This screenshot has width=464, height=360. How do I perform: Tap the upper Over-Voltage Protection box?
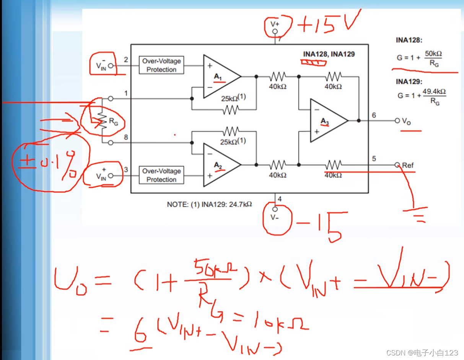161,65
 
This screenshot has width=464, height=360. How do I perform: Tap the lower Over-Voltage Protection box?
161,175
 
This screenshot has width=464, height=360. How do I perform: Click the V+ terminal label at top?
275,24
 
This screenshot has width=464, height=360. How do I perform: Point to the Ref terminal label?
408,165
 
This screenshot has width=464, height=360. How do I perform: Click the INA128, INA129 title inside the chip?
329,54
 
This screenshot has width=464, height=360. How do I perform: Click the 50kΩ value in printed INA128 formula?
433,54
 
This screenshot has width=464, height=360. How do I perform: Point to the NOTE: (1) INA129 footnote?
209,204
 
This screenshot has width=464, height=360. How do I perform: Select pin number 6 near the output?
374,115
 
